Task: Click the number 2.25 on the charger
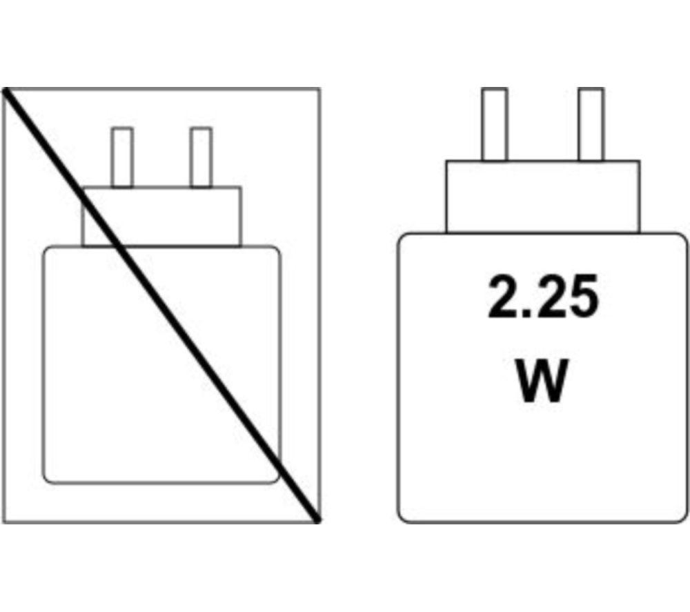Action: point(543,296)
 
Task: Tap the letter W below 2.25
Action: point(542,381)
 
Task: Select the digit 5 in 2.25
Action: point(582,296)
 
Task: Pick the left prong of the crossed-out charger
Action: point(122,157)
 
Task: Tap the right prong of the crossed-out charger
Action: point(201,157)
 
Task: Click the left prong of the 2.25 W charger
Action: point(494,124)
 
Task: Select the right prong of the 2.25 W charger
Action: point(591,124)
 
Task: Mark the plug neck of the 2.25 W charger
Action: point(542,197)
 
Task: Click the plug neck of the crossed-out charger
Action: point(161,217)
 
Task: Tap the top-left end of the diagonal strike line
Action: point(6,90)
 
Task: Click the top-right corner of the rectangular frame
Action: point(319,89)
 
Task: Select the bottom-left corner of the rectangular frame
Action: point(3,523)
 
